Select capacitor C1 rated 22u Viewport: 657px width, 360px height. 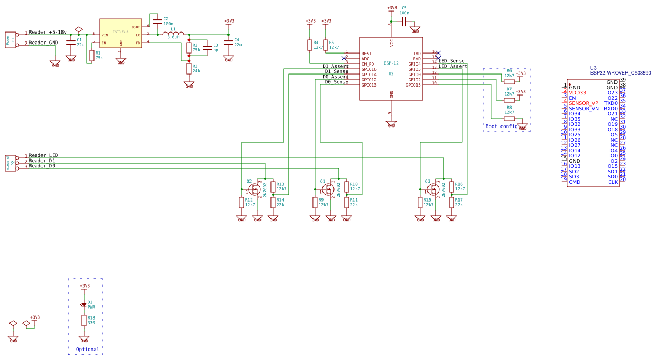(71, 43)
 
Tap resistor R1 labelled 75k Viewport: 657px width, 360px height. (92, 55)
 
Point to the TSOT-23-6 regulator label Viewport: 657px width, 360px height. (120, 32)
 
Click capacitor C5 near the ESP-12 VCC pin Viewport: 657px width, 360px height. (404, 22)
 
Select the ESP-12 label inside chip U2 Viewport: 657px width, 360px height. (391, 63)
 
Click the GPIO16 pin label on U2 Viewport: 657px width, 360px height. (369, 69)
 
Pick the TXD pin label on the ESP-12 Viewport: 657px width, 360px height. (416, 54)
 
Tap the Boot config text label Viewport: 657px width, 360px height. (502, 126)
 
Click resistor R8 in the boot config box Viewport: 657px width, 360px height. (509, 119)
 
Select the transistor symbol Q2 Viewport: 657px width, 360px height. (254, 189)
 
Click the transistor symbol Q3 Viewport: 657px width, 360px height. (433, 189)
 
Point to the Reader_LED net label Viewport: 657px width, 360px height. (43, 155)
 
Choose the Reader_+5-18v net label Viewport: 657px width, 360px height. (47, 32)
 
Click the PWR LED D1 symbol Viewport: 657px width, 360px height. (84, 304)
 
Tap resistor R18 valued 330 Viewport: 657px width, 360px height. (84, 320)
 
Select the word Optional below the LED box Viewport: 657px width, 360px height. (87, 349)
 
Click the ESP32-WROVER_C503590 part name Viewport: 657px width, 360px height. (620, 73)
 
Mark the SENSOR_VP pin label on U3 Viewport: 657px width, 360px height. (583, 103)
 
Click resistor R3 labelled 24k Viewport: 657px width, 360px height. (189, 69)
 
